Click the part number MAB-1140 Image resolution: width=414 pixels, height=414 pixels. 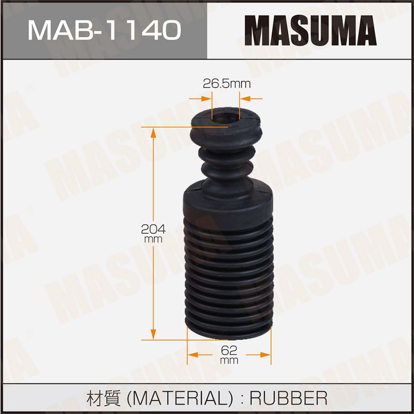pos(105,31)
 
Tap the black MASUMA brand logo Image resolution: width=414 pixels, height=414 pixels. pos(310,31)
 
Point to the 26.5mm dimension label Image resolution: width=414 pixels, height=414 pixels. pos(227,84)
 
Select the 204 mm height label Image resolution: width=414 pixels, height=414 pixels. pos(153,233)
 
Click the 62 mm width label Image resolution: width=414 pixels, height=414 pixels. pos(229,354)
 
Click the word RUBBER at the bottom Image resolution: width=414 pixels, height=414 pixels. pos(288,398)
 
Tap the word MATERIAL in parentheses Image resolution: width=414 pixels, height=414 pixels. pos(180,398)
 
